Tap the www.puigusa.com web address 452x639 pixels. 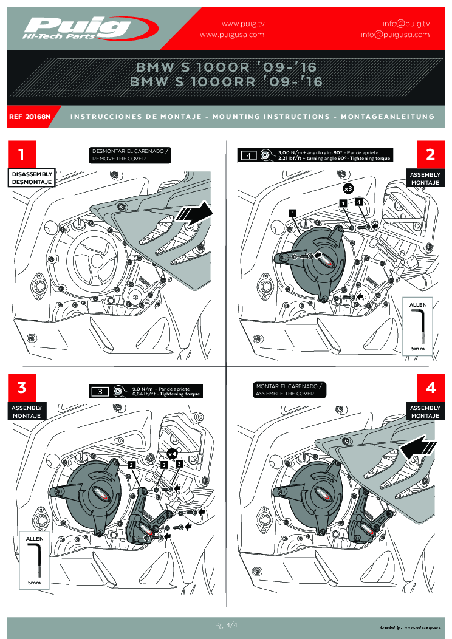232,35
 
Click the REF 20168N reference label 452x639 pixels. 30,116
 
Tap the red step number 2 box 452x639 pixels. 430,154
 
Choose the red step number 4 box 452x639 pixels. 430,387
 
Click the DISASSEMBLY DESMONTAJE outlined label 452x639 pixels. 32,177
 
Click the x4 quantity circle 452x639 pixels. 172,453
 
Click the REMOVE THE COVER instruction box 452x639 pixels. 129,154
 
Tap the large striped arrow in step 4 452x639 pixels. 419,449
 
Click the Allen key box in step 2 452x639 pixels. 417,326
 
